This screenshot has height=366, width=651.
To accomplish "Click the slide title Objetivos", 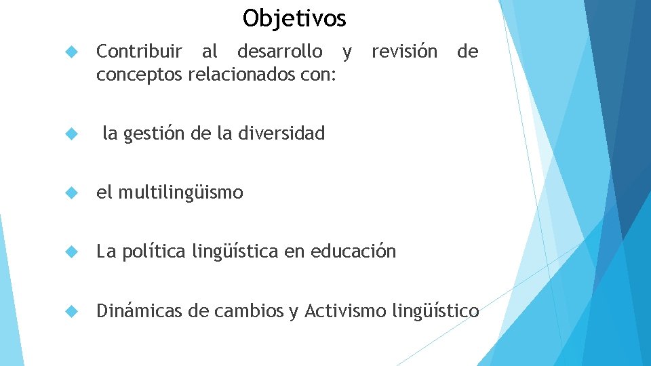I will (294, 18).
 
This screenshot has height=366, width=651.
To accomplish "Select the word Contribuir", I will (139, 52).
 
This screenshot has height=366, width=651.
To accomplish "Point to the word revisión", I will (404, 52).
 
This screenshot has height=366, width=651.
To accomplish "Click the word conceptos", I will (139, 74).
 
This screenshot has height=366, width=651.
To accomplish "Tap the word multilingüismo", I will (180, 193).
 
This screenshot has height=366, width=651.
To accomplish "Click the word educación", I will (353, 252).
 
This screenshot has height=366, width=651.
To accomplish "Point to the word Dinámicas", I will (140, 311).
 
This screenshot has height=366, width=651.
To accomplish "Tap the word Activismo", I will (345, 311).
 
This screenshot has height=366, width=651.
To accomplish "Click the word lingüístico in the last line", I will (435, 312).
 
